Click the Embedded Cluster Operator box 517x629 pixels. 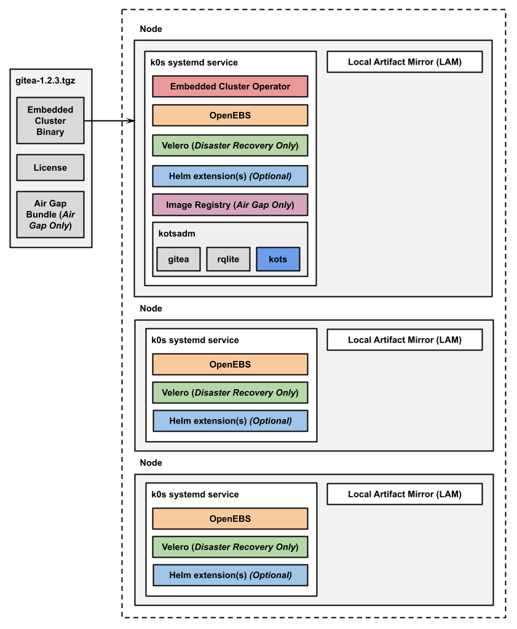[x=230, y=87]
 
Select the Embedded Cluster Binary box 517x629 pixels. [x=50, y=121]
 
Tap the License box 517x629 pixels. [x=50, y=167]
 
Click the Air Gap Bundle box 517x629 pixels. [x=50, y=215]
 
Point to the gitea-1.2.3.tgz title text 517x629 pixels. [x=45, y=80]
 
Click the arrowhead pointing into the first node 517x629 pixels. [x=130, y=121]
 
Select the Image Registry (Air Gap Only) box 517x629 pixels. [x=230, y=205]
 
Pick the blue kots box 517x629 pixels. [x=278, y=259]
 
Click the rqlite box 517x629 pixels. [x=228, y=259]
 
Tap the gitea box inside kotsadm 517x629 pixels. [x=178, y=259]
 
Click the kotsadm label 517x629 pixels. [x=177, y=234]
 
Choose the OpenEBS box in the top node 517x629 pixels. [x=230, y=116]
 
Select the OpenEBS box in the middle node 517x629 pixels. [x=230, y=365]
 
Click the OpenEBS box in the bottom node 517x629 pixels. [x=230, y=519]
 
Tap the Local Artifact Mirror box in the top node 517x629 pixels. [x=405, y=62]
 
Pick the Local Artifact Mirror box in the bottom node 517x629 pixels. [x=405, y=494]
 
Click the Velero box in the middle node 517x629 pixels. [x=230, y=393]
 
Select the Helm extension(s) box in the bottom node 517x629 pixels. [x=230, y=576]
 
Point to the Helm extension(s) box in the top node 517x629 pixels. [x=230, y=176]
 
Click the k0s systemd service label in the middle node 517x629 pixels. [x=194, y=340]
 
